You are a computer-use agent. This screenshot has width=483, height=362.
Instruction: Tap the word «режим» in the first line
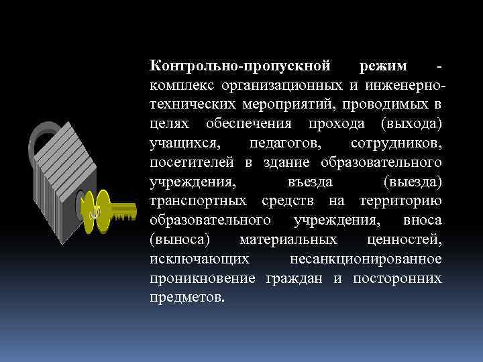(x=383, y=66)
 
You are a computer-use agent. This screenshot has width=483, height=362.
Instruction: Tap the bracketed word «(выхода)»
(x=409, y=124)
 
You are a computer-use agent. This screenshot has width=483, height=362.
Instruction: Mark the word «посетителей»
(x=193, y=163)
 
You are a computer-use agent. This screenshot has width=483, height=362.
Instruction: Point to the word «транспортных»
(x=198, y=201)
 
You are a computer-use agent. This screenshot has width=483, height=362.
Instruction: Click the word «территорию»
(x=400, y=201)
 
